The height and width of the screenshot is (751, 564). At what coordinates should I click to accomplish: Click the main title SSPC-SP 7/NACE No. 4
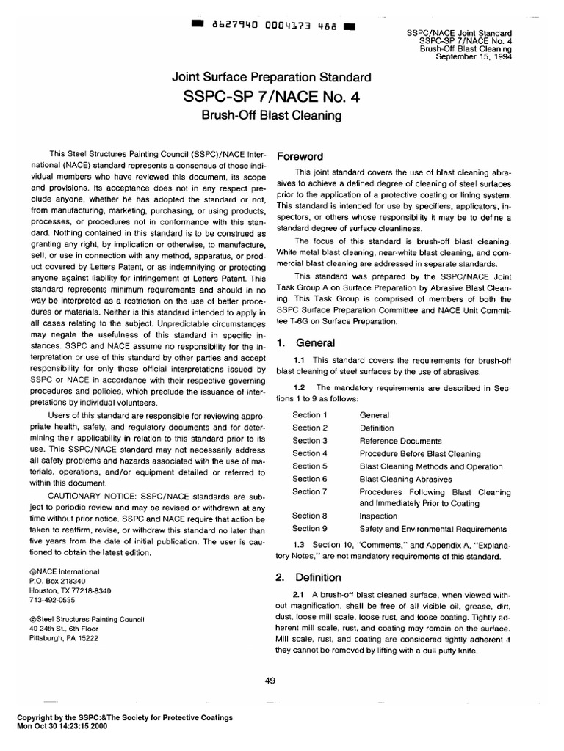[272, 97]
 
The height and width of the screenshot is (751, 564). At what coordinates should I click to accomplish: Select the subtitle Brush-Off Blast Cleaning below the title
[272, 116]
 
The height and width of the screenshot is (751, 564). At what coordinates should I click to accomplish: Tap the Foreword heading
[299, 157]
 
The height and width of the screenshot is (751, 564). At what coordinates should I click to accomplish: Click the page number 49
[270, 681]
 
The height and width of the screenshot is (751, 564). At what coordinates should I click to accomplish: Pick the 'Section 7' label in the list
[309, 491]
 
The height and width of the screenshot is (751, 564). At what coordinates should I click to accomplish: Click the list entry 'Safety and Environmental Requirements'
[433, 529]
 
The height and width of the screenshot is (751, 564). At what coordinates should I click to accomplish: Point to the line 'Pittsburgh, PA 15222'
[69, 638]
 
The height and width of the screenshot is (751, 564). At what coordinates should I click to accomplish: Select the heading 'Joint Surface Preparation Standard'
[272, 76]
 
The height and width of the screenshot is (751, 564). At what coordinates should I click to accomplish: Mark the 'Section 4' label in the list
[309, 453]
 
